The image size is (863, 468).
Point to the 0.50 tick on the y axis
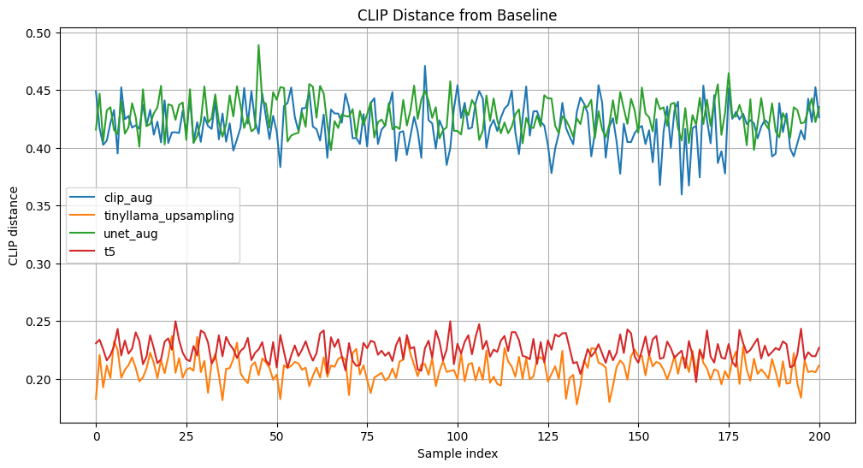coord(39,33)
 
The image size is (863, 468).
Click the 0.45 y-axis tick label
coord(39,91)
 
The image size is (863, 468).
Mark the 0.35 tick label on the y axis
coord(39,206)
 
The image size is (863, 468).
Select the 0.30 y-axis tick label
coord(39,264)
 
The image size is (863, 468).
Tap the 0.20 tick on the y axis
coord(39,380)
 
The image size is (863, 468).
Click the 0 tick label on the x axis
coord(96,436)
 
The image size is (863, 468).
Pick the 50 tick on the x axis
coord(276,436)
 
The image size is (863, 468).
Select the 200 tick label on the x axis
coord(819,436)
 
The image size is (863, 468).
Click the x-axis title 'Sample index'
coord(458,453)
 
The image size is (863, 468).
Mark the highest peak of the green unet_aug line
coord(258,45)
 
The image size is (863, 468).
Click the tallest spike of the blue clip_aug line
coord(425,66)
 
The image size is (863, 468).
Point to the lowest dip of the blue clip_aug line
coord(682,194)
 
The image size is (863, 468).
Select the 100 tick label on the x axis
coord(458,436)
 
